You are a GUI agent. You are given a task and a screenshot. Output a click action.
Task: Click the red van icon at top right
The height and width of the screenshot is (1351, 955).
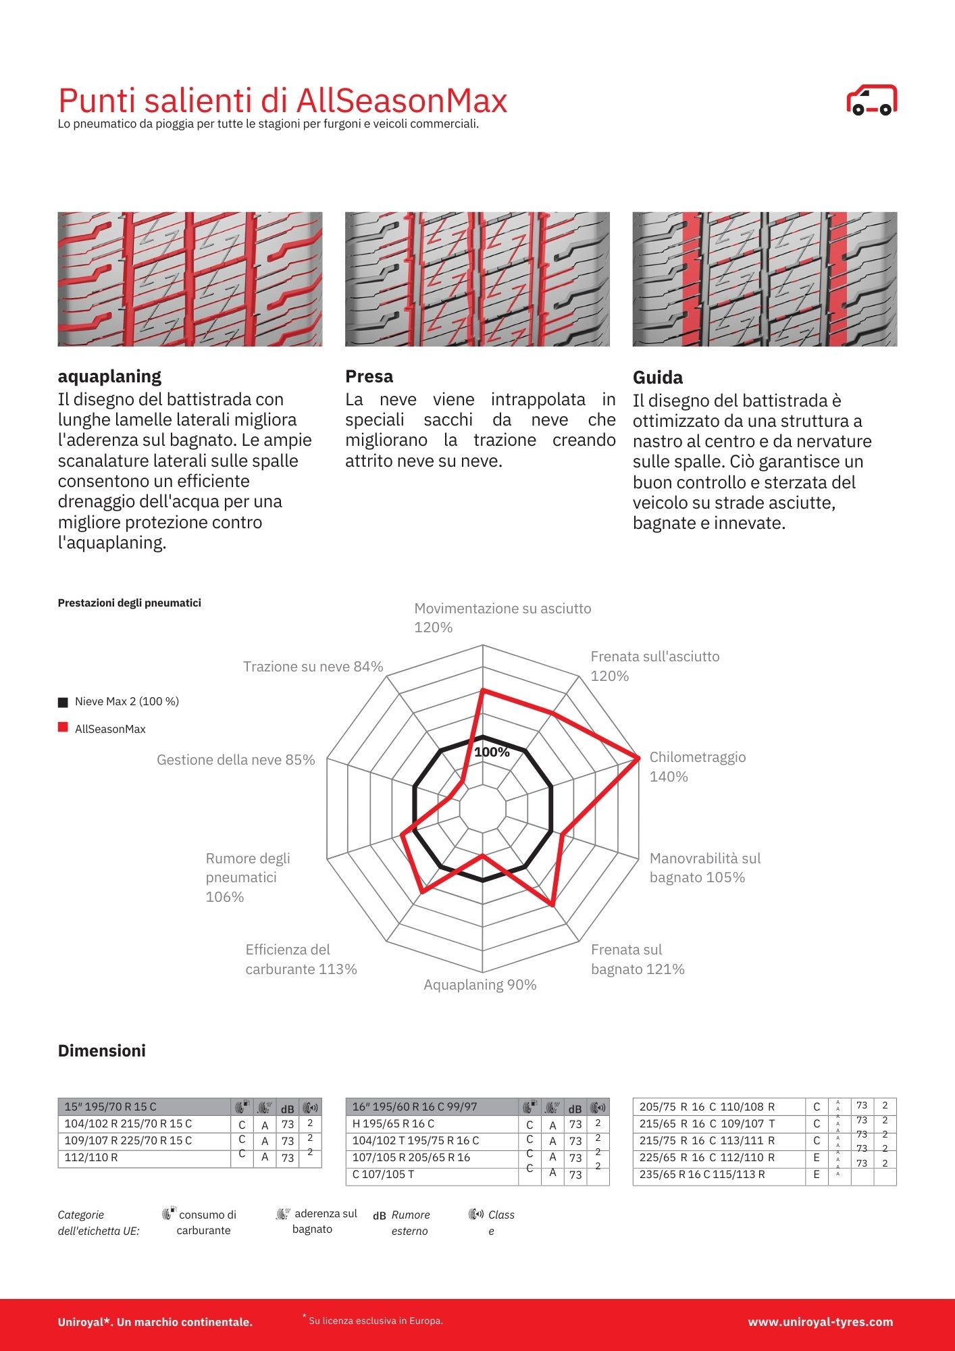point(871,100)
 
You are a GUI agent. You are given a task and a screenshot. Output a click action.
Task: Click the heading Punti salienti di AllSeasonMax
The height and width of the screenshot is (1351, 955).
point(282,101)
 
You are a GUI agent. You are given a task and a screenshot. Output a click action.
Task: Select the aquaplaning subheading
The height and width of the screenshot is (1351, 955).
point(109,376)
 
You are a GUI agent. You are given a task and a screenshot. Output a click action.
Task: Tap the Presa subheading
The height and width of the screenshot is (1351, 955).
point(369,376)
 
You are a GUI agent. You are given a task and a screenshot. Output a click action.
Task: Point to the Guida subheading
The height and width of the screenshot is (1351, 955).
point(657,378)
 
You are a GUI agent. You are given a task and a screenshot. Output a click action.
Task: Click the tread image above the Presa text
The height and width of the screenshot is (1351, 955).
point(477,279)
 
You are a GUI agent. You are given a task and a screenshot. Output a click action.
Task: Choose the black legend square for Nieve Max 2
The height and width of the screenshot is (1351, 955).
point(63,702)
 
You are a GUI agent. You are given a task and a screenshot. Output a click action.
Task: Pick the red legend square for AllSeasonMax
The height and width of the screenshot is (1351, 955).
point(63,728)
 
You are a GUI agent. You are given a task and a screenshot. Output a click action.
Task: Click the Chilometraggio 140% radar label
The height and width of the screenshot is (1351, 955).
point(697,767)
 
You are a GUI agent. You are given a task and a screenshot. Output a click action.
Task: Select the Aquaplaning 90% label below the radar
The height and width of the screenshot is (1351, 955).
point(480,985)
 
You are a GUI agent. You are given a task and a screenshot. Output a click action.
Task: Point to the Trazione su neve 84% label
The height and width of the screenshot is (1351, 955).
point(313,667)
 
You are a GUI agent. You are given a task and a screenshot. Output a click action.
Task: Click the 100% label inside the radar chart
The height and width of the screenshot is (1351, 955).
point(492,752)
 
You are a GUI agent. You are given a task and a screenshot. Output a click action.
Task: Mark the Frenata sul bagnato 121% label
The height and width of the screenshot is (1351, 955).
point(637,959)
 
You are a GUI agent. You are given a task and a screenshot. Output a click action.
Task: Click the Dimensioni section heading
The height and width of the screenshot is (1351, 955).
point(102,1051)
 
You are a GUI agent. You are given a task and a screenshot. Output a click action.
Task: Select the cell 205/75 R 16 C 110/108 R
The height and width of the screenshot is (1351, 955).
point(706,1106)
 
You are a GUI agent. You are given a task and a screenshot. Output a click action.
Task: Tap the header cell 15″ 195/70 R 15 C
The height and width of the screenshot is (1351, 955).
point(110,1106)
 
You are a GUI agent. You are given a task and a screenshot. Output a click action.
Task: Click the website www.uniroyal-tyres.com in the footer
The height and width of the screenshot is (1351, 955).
point(820,1322)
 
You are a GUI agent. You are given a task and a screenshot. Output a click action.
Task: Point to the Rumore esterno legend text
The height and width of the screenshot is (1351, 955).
point(410,1223)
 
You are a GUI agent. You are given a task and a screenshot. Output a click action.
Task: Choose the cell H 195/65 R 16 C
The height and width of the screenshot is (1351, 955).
point(393,1123)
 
